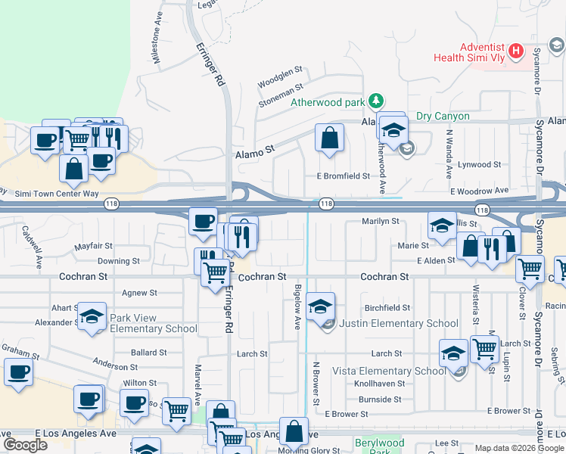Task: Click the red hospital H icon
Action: pos(516,51)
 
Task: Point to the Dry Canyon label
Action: pos(443,117)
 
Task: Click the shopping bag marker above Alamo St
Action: pos(329,138)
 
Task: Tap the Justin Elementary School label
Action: pos(398,323)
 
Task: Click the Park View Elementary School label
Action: pos(154,323)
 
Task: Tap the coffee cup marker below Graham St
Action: pos(19,372)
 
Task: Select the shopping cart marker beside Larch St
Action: pos(484,350)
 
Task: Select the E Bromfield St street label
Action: pos(343,176)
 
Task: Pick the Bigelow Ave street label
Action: pos(297,306)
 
